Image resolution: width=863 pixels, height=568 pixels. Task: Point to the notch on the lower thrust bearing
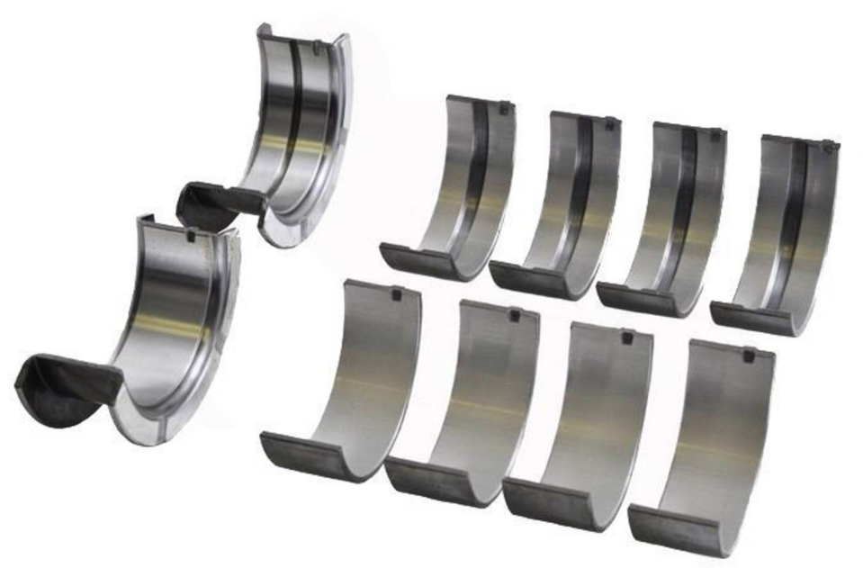point(190,237)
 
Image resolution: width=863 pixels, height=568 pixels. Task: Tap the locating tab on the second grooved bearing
point(610,123)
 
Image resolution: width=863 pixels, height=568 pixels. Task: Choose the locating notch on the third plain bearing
point(626,338)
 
